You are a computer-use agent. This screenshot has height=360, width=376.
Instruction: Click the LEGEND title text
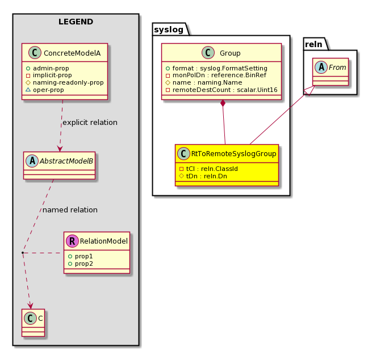76,22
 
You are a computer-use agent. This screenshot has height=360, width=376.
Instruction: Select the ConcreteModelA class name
72,53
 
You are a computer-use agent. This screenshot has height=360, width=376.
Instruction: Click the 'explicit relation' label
90,123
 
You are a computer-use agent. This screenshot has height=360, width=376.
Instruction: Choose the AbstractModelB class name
66,161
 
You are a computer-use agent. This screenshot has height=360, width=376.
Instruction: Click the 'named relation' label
70,210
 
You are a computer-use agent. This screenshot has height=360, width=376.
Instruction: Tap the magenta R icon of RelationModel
73,241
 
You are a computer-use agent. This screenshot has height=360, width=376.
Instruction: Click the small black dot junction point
23,253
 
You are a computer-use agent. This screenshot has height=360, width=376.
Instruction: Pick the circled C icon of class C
30,319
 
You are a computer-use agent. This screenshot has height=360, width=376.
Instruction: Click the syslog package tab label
169,30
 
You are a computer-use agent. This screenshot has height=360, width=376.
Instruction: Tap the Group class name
230,53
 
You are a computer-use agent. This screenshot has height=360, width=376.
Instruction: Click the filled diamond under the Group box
223,103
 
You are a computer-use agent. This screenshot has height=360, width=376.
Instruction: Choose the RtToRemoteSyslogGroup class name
233,154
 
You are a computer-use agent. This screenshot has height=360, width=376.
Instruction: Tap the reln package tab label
314,44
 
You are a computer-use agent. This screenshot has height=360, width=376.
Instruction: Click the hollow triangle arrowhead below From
309,91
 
